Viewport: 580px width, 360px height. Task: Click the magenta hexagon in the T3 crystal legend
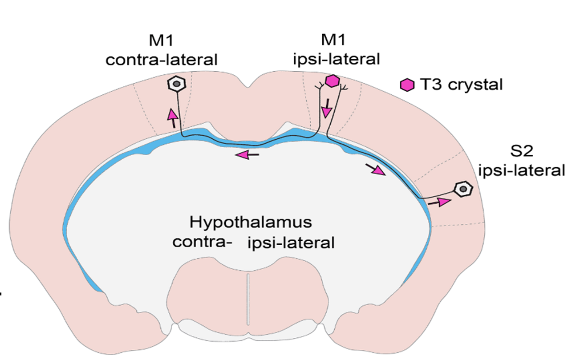(406, 85)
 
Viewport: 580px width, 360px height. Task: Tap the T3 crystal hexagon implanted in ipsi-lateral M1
(332, 81)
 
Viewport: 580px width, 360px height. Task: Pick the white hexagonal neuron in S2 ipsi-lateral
(463, 189)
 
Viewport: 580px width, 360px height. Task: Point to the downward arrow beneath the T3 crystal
(327, 109)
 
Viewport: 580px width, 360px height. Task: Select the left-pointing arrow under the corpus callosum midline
(247, 154)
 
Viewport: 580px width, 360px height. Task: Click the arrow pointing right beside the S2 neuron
(439, 202)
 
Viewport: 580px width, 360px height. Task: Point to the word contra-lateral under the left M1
(161, 59)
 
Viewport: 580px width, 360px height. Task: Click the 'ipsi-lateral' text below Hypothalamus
(291, 243)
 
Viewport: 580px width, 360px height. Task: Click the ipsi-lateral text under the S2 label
(522, 170)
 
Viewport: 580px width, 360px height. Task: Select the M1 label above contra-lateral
(161, 40)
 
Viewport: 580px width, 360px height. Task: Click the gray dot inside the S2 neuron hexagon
(463, 189)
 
